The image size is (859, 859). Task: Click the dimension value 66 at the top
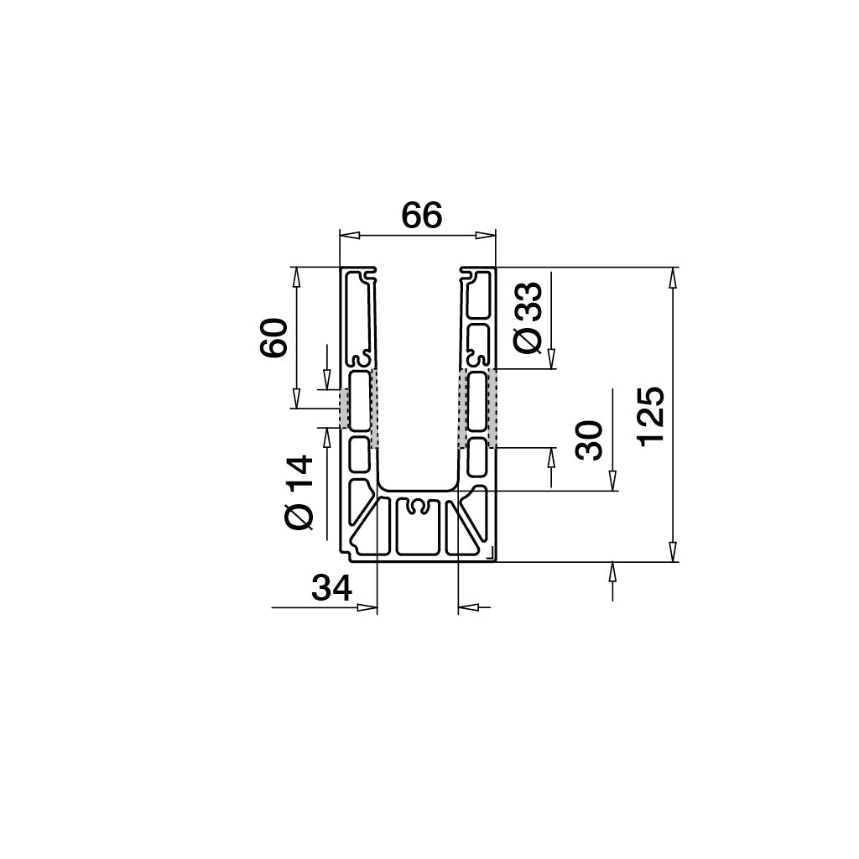coord(421,216)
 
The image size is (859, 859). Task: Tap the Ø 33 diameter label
coord(529,318)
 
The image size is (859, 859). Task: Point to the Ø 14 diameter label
coord(299,492)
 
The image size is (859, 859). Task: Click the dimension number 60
coord(274,338)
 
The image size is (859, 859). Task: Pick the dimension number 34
coord(331,589)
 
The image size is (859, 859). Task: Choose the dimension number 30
coord(591,440)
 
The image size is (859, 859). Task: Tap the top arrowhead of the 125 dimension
coord(672,278)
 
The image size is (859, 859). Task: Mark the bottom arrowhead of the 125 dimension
coord(672,551)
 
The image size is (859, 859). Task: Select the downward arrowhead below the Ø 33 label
coord(551,360)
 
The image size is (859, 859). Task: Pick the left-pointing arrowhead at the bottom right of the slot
coord(469,607)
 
